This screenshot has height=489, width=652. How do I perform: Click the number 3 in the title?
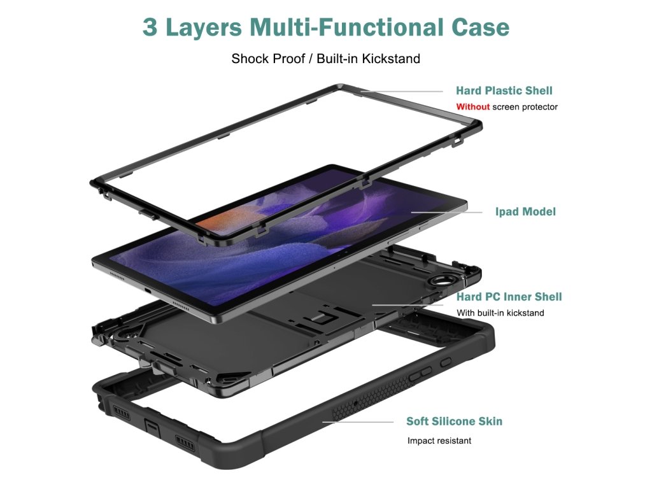150,27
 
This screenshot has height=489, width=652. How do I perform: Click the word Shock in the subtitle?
250,59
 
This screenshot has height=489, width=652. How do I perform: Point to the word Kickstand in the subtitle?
391,59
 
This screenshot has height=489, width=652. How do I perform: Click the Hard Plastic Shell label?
504,90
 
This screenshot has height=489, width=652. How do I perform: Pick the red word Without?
472,107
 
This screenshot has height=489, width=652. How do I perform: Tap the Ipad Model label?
525,211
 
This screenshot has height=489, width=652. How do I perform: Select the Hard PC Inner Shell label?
509,297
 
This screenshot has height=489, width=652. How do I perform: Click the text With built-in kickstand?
500,313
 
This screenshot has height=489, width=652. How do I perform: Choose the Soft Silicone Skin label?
454,422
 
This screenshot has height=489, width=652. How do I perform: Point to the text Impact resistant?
439,441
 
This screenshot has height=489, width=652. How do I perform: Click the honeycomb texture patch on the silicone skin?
357,407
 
